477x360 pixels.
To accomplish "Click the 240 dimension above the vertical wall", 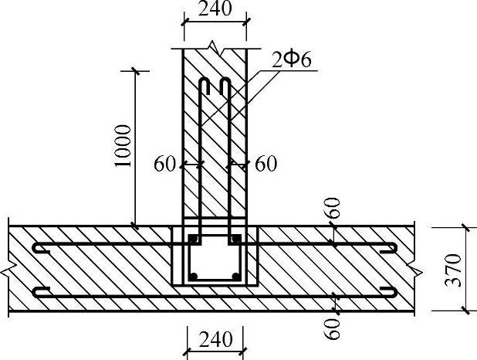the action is click(215, 8).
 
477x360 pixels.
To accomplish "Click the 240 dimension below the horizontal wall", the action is click(215, 339).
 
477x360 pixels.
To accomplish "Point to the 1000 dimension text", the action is click(123, 145).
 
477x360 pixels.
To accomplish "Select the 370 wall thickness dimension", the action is click(453, 270).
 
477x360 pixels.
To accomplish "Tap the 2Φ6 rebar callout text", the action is click(292, 60).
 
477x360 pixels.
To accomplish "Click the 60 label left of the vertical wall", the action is click(165, 164).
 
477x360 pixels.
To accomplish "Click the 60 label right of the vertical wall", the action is click(266, 164).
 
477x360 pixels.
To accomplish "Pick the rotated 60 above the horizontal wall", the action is click(333, 208).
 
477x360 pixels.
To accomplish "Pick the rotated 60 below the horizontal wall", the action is click(332, 328).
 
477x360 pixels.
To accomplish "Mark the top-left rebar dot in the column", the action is click(194, 239).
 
